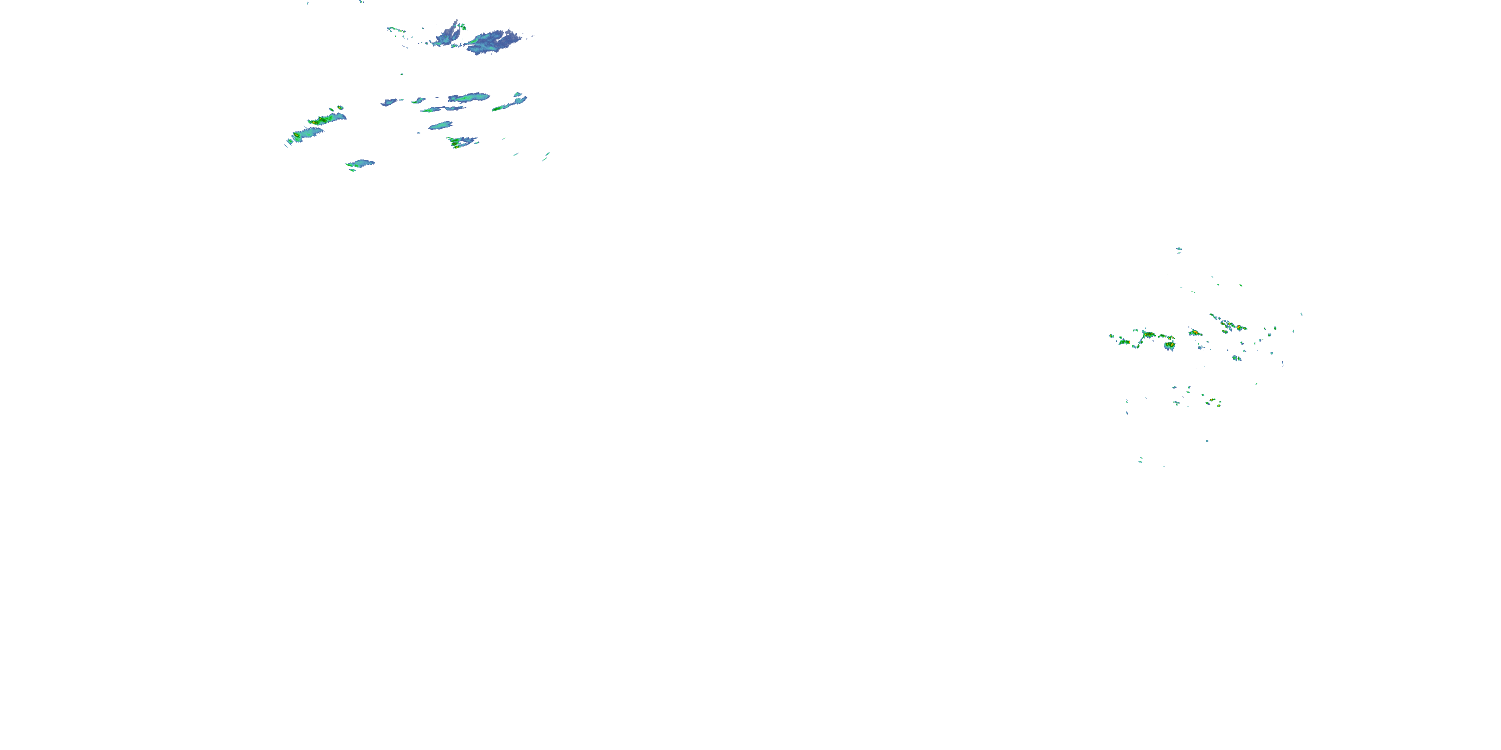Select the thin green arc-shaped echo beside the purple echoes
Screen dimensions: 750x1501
[x=396, y=29]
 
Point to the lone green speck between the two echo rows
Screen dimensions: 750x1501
[x=401, y=74]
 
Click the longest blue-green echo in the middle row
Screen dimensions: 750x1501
[x=469, y=97]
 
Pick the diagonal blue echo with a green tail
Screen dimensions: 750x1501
[x=510, y=103]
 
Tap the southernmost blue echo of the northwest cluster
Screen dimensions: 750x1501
[x=361, y=163]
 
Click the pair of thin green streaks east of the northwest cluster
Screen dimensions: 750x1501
[x=545, y=155]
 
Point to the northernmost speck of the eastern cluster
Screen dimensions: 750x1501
[x=1178, y=249]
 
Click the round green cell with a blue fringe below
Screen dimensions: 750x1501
[x=1169, y=346]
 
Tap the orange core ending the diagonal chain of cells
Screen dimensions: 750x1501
[x=1239, y=328]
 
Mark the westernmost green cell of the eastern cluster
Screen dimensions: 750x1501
[x=1112, y=335]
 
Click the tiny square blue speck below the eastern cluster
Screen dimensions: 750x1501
[x=1207, y=441]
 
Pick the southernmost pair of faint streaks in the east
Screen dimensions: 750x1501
[x=1140, y=460]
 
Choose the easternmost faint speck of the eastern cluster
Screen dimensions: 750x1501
[x=1301, y=314]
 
